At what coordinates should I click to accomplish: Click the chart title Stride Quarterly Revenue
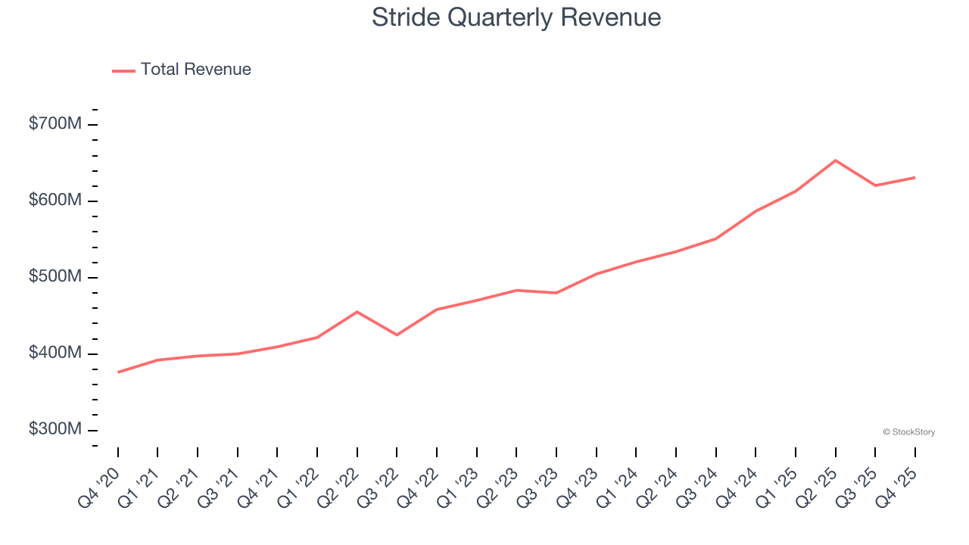click(516, 17)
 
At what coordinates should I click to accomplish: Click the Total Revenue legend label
click(195, 70)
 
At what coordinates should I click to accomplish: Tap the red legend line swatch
click(123, 70)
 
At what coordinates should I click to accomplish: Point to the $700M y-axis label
click(55, 123)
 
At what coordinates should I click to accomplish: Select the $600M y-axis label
click(55, 200)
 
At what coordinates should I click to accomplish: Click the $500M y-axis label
click(55, 276)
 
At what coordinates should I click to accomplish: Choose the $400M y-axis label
click(55, 353)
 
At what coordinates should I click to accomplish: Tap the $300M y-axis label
click(55, 429)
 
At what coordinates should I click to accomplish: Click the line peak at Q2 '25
click(835, 160)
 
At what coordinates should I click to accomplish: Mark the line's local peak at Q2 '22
click(357, 312)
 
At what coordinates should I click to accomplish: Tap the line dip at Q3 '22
click(397, 335)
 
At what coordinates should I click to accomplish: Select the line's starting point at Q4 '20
click(118, 372)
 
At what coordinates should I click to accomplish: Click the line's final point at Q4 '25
click(914, 177)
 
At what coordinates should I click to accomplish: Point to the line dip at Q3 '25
click(875, 185)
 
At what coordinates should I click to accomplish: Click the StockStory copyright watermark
click(908, 432)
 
